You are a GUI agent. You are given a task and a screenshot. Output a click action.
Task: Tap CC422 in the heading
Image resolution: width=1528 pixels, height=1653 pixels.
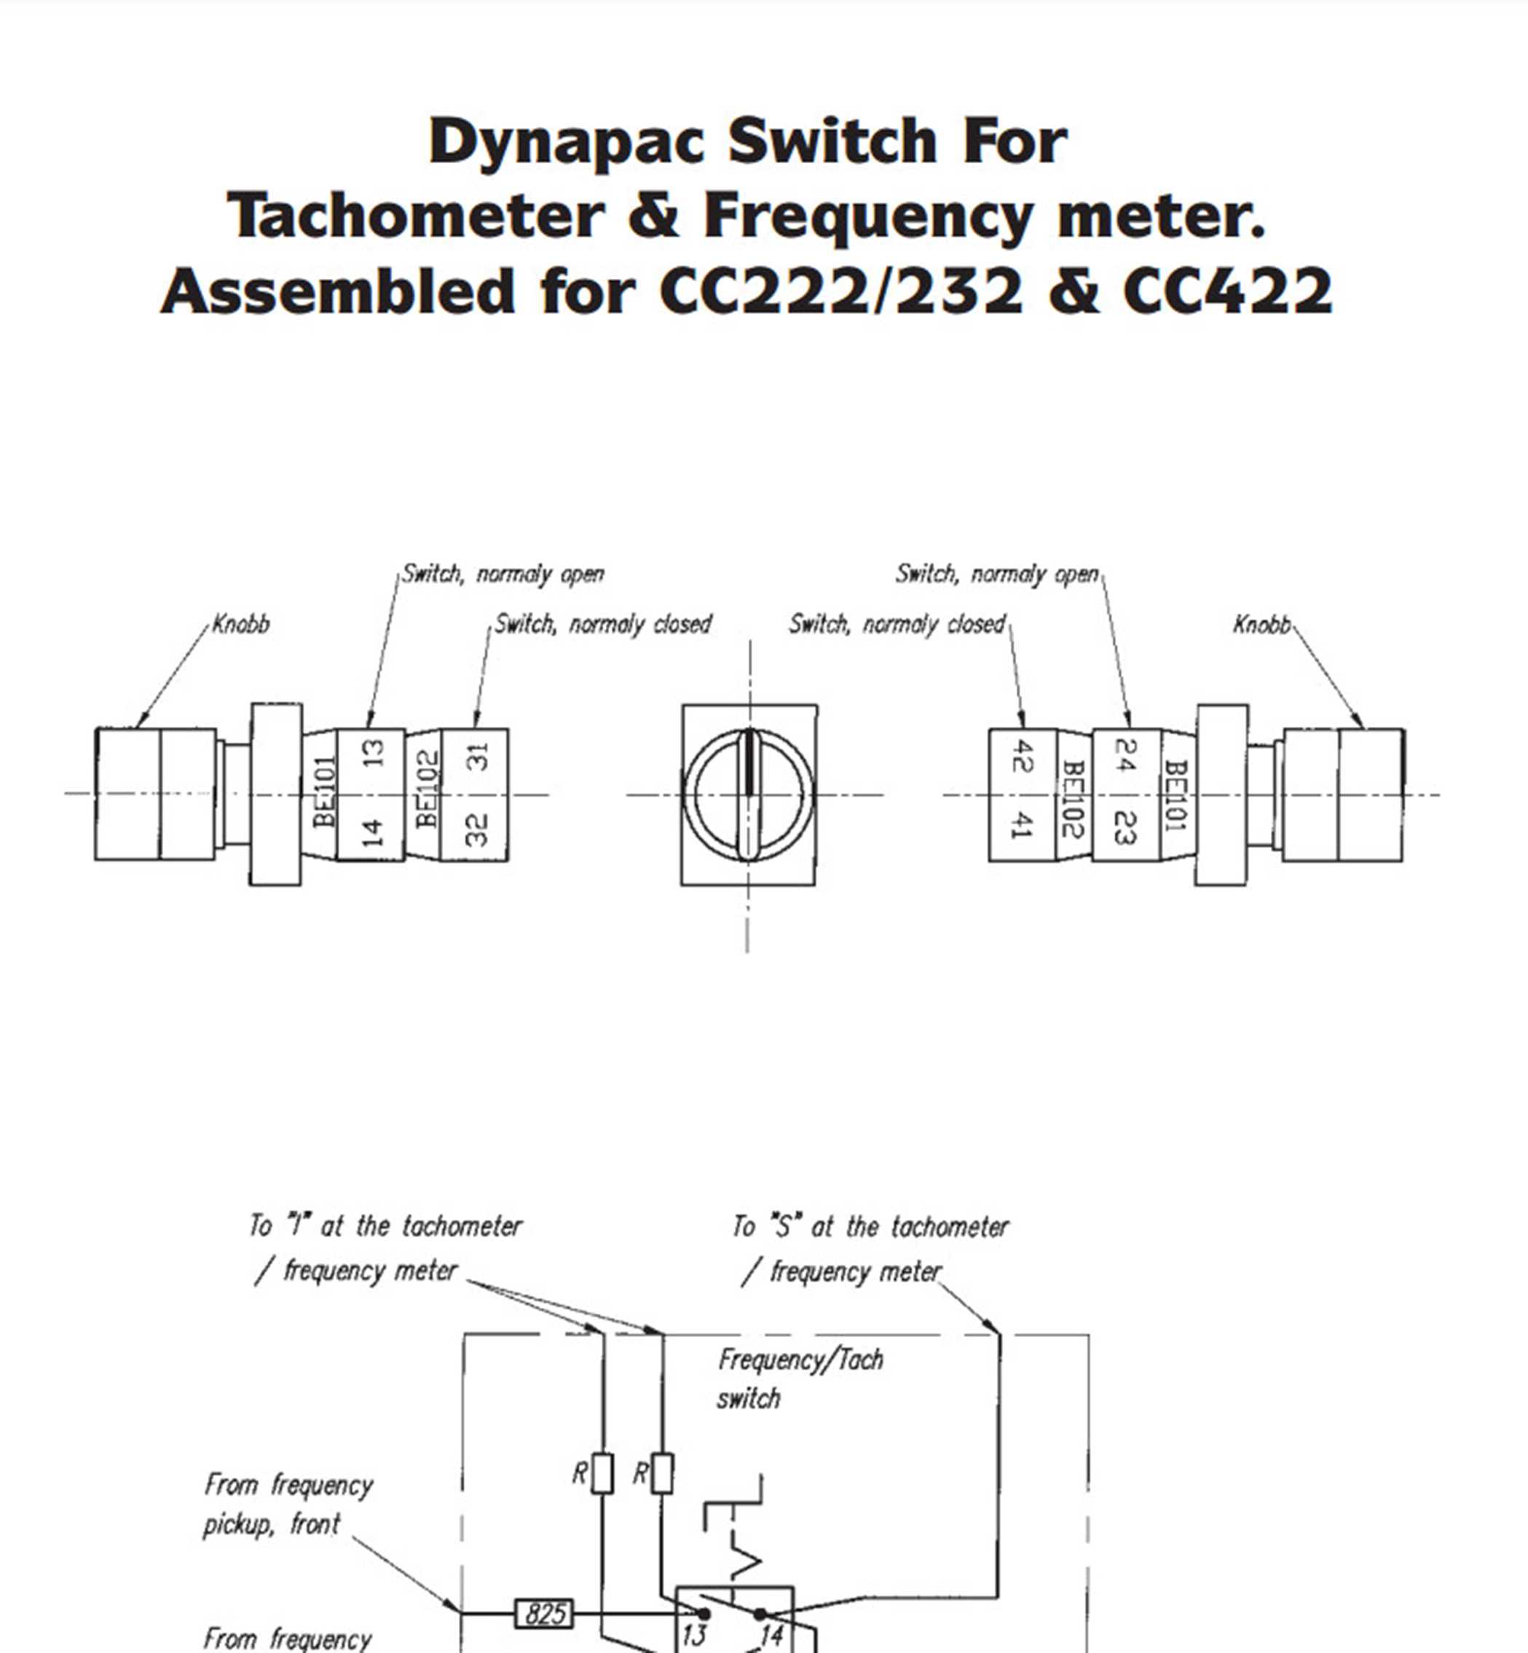[1227, 292]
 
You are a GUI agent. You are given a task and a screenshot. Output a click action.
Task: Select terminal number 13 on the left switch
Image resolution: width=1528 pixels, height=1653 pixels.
[374, 753]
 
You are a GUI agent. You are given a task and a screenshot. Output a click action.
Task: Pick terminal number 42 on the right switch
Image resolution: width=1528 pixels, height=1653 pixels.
[1022, 757]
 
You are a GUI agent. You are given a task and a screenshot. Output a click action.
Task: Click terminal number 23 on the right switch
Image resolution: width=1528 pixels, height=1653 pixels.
[1125, 827]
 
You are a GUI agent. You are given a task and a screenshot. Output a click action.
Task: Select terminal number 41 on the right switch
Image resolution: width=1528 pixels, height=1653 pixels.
[1022, 826]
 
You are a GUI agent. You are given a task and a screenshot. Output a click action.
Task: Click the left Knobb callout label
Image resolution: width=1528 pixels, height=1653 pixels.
[242, 624]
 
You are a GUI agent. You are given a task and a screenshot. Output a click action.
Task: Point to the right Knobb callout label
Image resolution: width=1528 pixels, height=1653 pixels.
[1261, 624]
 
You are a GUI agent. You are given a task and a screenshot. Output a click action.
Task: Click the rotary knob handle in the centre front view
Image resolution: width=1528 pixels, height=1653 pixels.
[749, 794]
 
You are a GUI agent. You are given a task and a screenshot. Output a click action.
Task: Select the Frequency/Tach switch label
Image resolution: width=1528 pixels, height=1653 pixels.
[799, 1378]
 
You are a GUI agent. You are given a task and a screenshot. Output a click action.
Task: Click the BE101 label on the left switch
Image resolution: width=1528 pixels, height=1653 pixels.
[325, 792]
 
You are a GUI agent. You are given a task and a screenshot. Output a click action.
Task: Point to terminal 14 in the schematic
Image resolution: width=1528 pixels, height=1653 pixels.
[771, 1634]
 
